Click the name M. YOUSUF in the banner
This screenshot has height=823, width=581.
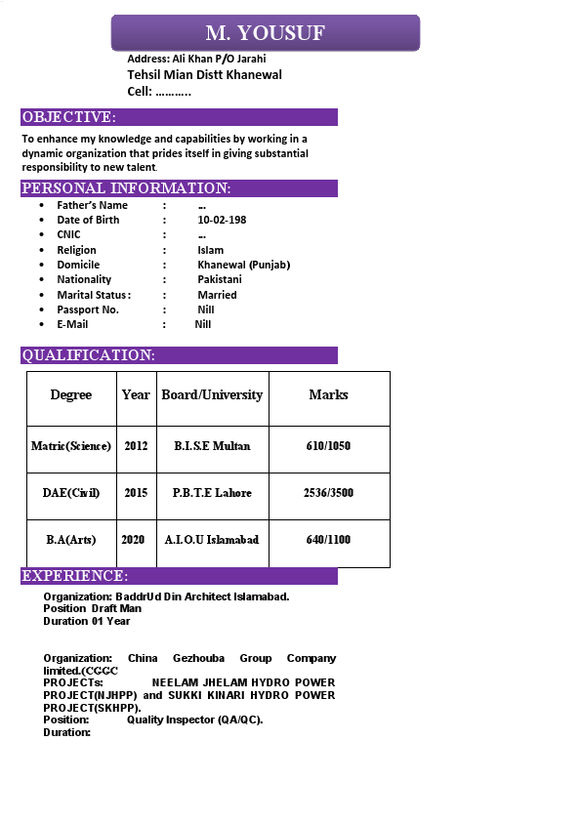(265, 33)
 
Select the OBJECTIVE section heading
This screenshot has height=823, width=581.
(68, 117)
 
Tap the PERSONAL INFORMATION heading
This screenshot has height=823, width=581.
(126, 188)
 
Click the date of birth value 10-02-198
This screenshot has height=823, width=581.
(222, 220)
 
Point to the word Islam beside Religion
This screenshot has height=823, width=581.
(210, 250)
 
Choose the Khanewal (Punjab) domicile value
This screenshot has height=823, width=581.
(243, 265)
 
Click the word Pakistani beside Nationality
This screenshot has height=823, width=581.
(219, 279)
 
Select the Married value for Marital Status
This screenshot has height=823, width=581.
(217, 294)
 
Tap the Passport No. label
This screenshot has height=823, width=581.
(88, 309)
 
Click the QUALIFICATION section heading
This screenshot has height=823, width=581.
(88, 355)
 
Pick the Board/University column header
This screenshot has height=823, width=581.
(212, 394)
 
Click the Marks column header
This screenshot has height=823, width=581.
(328, 394)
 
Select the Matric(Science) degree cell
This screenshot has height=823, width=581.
(71, 445)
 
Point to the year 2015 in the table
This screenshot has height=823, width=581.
(136, 492)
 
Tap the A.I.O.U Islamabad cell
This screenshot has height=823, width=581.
(212, 539)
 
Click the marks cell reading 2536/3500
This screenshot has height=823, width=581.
(328, 492)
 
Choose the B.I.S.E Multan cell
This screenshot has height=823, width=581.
(212, 445)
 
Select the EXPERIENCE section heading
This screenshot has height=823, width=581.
(74, 576)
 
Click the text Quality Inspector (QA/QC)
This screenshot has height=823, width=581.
(194, 720)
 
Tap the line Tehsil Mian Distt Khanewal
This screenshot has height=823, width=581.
(204, 75)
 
